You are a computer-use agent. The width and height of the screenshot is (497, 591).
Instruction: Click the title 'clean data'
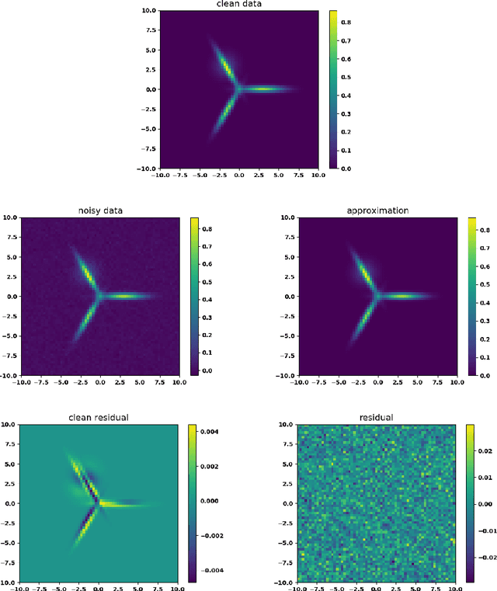(238, 5)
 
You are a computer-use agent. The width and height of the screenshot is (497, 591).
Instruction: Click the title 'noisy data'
(99, 211)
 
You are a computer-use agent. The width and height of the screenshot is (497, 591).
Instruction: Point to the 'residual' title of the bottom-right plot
(377, 418)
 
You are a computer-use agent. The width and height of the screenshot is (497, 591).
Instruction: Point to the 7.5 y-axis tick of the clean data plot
(148, 31)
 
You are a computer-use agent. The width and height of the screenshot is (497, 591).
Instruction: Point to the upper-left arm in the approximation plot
(363, 272)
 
